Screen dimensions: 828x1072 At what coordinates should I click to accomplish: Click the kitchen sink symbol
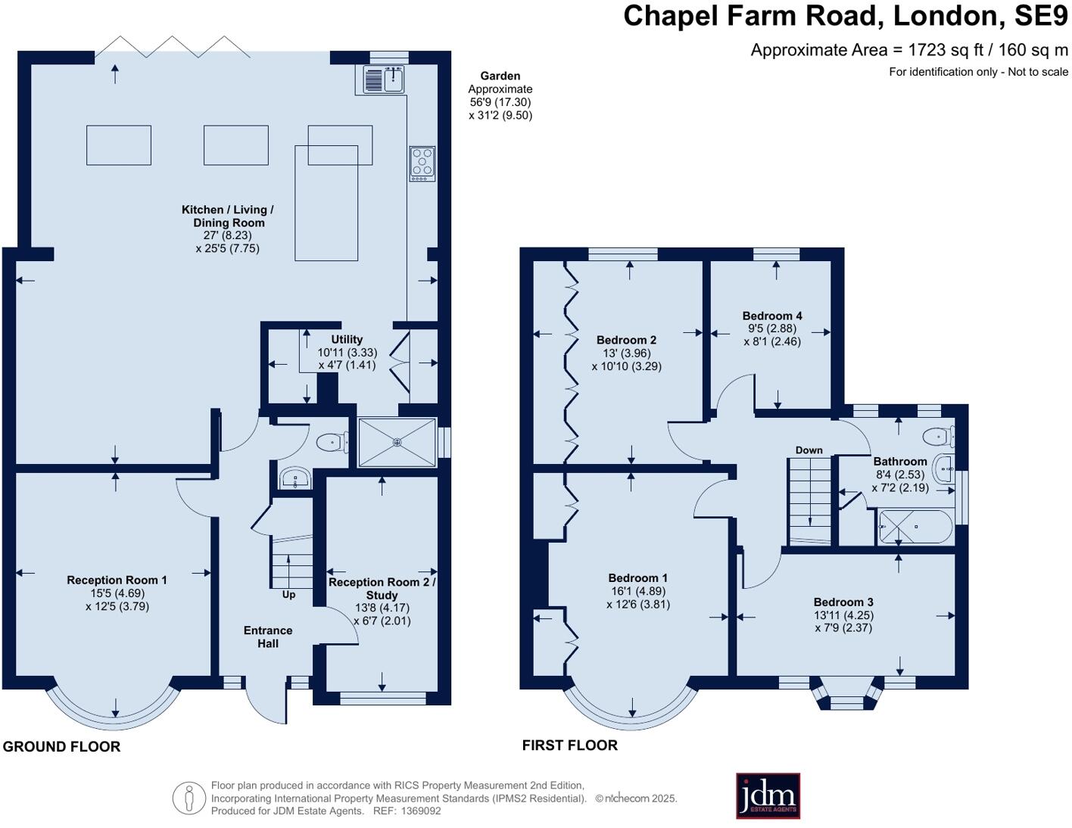pos(385,79)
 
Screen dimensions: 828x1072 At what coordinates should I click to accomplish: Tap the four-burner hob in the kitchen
pos(422,163)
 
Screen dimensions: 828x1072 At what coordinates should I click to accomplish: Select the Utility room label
pos(347,340)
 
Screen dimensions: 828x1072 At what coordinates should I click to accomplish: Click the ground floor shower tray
pos(397,442)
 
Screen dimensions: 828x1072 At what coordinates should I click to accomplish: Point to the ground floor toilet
pos(332,442)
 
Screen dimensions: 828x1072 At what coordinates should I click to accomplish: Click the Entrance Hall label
pos(268,637)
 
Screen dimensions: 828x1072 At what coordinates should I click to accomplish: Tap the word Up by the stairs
pos(288,595)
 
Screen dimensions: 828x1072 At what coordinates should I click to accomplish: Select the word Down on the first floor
pos(809,450)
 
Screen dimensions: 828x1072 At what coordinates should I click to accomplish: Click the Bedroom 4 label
pos(772,316)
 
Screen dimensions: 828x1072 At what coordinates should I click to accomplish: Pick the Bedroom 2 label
pos(626,340)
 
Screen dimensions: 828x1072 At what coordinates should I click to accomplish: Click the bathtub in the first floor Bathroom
pos(915,527)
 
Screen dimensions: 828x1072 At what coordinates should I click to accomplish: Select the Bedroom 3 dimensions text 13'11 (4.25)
pos(843,615)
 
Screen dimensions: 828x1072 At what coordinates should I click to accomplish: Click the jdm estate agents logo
pos(768,795)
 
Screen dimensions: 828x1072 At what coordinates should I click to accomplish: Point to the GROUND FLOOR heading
pos(61,747)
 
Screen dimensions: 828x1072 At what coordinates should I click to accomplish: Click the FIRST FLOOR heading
pos(569,746)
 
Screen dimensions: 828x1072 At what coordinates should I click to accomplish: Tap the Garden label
pos(500,76)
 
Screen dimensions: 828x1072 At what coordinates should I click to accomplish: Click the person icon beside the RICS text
pos(189,798)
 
